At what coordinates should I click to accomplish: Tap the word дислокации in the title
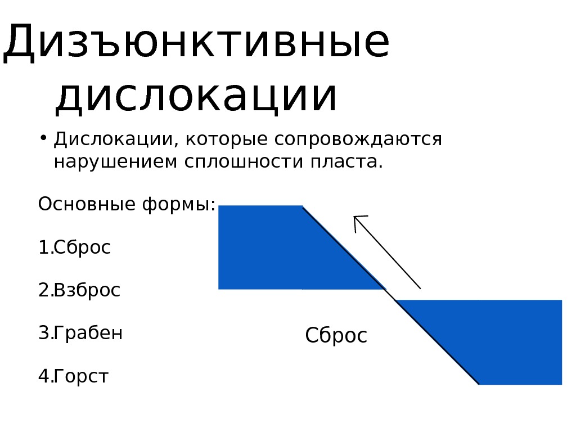click(196, 97)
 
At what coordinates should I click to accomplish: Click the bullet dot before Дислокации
click(43, 138)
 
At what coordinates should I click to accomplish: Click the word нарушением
click(115, 162)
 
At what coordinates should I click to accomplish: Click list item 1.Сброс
click(74, 247)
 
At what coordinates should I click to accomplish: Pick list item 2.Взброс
click(79, 290)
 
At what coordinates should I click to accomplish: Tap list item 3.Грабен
click(80, 333)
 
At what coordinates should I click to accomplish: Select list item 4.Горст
click(73, 376)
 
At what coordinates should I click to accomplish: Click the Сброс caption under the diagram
click(336, 336)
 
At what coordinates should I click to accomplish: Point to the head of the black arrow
click(355, 218)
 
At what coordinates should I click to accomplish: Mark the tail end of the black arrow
click(420, 288)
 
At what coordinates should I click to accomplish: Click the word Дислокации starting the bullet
click(112, 139)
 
